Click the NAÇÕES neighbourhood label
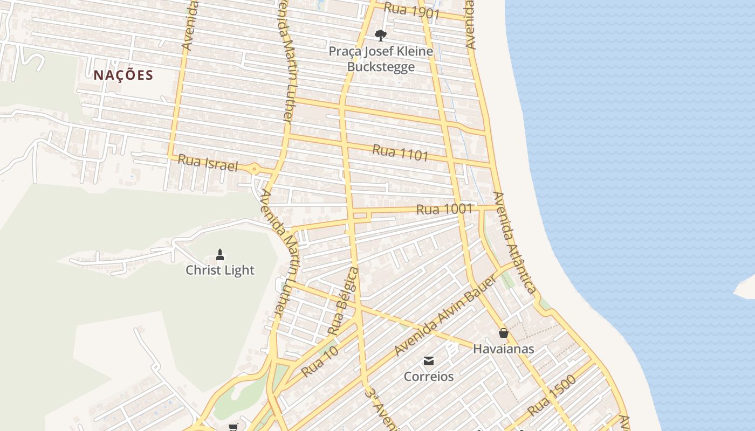123,75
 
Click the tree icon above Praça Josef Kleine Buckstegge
381,36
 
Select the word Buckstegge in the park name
381,67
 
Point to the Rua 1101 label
400,152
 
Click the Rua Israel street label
208,163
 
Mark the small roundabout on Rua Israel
254,169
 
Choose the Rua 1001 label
444,209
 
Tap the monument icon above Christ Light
219,254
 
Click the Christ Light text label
220,270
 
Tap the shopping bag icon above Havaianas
503,333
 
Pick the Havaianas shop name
504,349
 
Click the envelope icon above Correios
429,360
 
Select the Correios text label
429,377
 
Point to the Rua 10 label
319,362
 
